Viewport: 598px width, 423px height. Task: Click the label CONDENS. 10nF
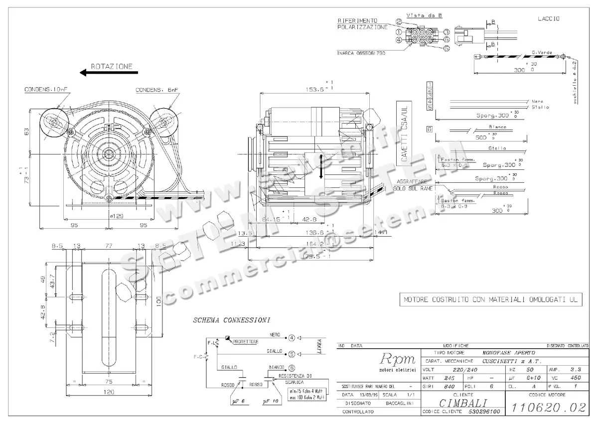(45, 90)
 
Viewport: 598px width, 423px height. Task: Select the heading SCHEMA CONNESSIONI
(232, 320)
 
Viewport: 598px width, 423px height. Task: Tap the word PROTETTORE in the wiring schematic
(246, 341)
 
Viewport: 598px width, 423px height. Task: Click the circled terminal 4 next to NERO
(292, 338)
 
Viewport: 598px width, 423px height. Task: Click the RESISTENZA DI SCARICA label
(296, 379)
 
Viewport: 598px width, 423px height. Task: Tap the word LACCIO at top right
(548, 18)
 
